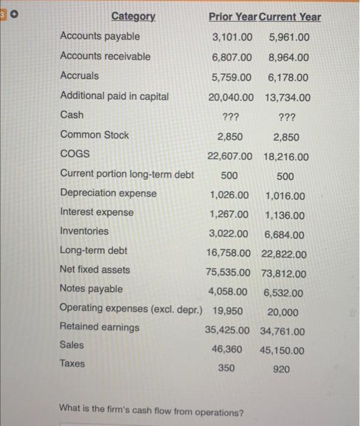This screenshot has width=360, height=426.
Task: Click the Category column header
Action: (x=133, y=16)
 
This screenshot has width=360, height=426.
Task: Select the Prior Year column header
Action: (x=232, y=17)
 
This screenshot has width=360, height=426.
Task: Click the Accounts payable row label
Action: (x=100, y=37)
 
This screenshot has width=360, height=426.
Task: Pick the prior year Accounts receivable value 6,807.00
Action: (x=232, y=57)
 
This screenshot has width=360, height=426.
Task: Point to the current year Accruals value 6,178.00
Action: (x=288, y=77)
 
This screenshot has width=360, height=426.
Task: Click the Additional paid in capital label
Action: (x=114, y=96)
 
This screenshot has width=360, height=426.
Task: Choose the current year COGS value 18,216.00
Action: (x=286, y=157)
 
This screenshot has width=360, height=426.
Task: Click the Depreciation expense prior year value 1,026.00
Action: (x=229, y=195)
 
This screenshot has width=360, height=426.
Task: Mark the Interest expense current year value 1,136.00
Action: (x=285, y=215)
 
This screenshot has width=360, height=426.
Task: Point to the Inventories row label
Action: (x=85, y=231)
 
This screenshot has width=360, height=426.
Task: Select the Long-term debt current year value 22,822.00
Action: (x=284, y=254)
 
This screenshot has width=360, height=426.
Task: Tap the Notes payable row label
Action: (x=91, y=288)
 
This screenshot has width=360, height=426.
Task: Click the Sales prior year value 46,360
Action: (x=226, y=349)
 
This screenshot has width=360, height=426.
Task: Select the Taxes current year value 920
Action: (x=282, y=369)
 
